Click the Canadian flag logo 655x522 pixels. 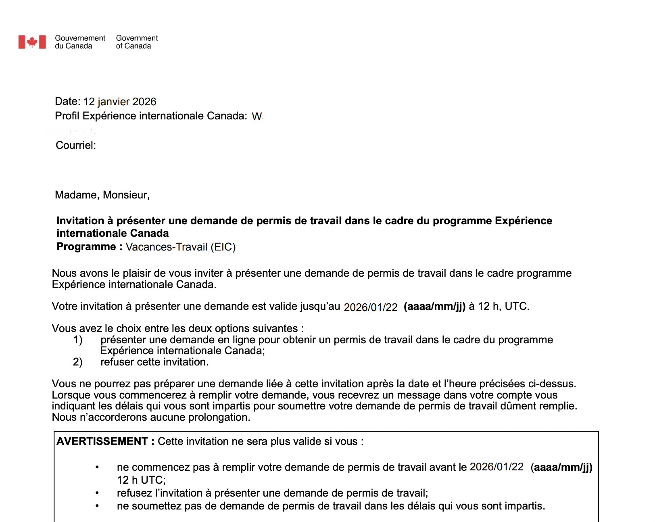[x=32, y=42]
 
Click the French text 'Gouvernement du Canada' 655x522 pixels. [x=80, y=42]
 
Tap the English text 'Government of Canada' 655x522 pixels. [x=137, y=42]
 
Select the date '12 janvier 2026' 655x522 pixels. [x=120, y=102]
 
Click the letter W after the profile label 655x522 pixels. [x=257, y=117]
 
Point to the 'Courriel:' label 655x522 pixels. [x=76, y=145]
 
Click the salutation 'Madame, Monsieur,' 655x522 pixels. [x=102, y=195]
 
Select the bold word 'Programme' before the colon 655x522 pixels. [x=86, y=246]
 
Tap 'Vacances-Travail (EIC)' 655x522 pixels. [x=181, y=247]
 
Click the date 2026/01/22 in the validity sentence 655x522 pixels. [x=370, y=307]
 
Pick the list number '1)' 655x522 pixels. [x=78, y=340]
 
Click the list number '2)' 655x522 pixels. [x=78, y=362]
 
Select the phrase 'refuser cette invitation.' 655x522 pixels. [x=154, y=362]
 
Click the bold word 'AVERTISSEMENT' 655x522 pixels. [x=102, y=441]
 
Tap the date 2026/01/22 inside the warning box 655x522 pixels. [x=496, y=467]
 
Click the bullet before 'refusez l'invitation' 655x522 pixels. [x=97, y=493]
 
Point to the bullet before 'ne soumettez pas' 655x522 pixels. [x=97, y=506]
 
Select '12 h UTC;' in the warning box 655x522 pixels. [x=141, y=480]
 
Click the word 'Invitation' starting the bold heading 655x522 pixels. [x=80, y=221]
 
